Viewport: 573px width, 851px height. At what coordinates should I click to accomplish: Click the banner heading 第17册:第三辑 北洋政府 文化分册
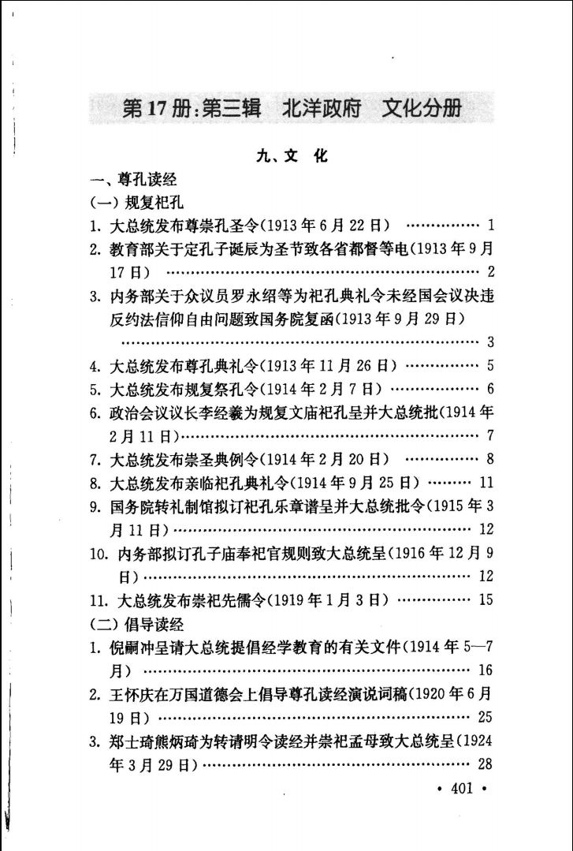point(292,109)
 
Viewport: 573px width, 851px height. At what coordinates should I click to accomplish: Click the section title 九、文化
point(292,157)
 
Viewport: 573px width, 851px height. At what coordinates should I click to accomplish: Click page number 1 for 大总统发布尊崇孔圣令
point(490,226)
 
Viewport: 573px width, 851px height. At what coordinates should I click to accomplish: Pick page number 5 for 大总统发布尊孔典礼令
point(490,365)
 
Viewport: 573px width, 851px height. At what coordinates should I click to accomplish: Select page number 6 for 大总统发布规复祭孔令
point(490,389)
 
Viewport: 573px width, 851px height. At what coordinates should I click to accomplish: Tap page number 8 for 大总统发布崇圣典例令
point(490,458)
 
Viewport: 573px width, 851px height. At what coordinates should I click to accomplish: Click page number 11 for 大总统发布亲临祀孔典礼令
point(486,482)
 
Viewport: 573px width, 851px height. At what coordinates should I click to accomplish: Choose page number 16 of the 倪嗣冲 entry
point(486,670)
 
